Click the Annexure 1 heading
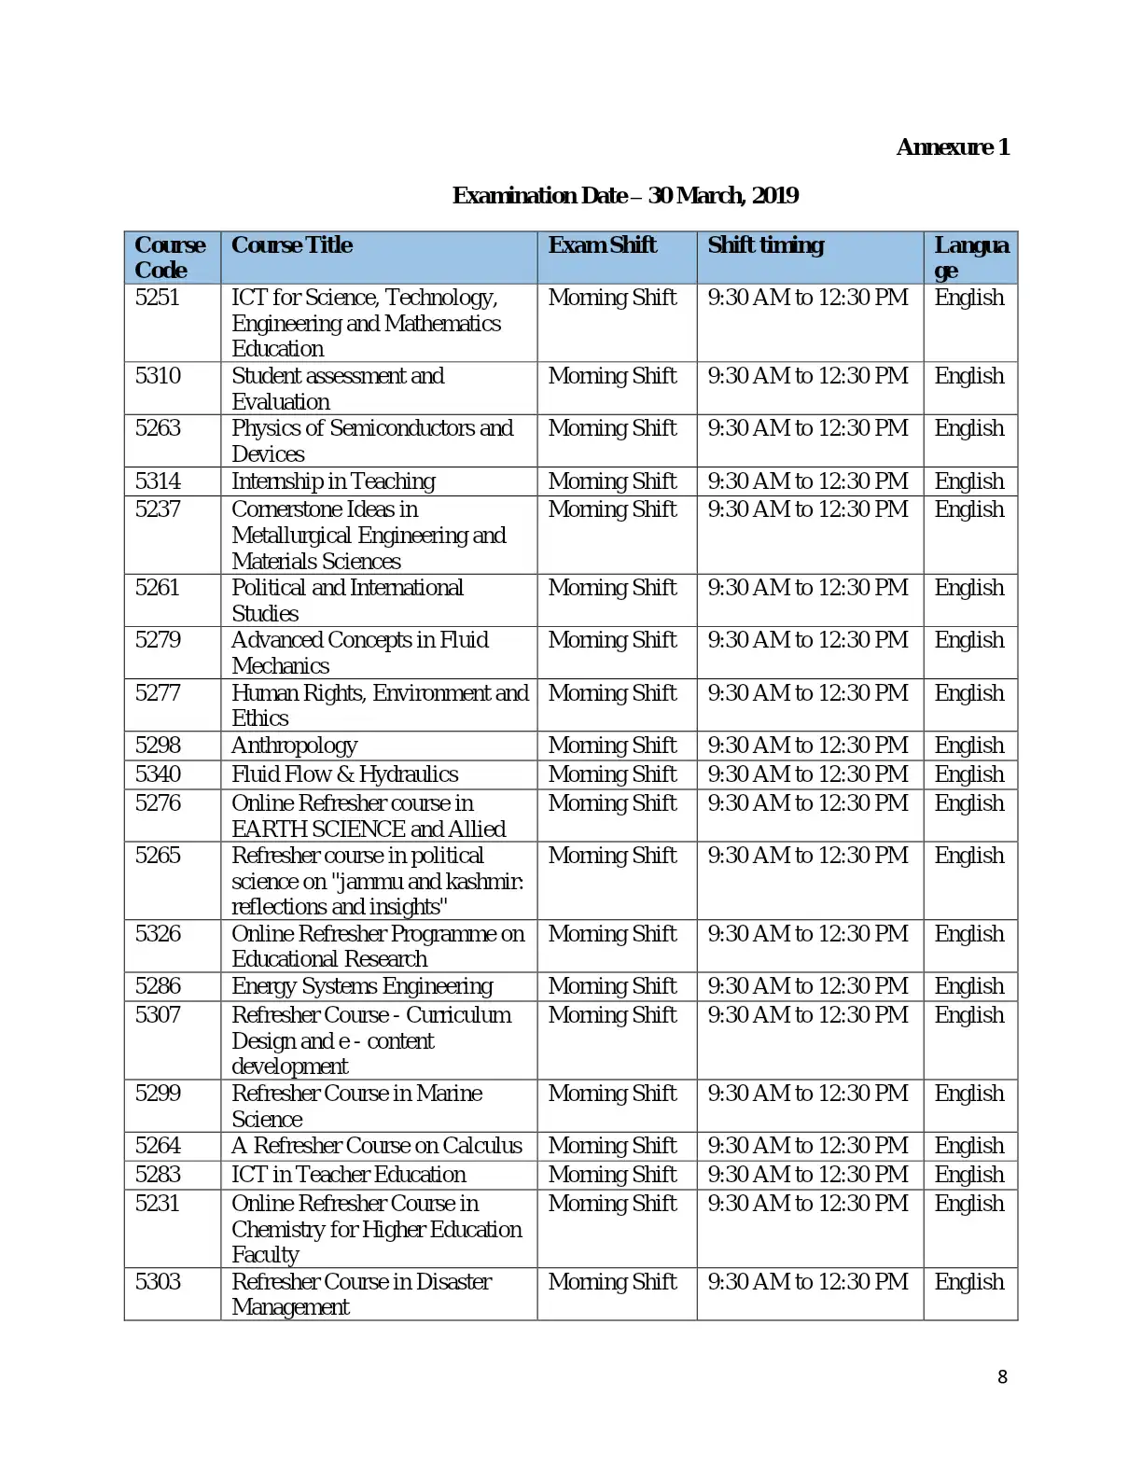tap(953, 147)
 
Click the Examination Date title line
tap(625, 196)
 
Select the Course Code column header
tap(169, 258)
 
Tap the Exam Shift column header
tap(602, 245)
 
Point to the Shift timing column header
tap(765, 245)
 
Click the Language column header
tap(970, 258)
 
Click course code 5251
tap(157, 298)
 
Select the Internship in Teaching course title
tap(333, 481)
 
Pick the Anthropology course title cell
tap(294, 746)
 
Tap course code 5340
tap(158, 774)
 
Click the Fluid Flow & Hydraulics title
tap(344, 774)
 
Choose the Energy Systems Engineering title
tap(362, 986)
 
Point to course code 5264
tap(158, 1146)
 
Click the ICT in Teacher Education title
tap(348, 1175)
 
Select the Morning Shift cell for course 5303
tap(612, 1282)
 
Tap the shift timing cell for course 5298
tap(807, 746)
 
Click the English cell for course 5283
tap(969, 1175)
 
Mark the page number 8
tap(1002, 1377)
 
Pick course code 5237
tap(158, 509)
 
